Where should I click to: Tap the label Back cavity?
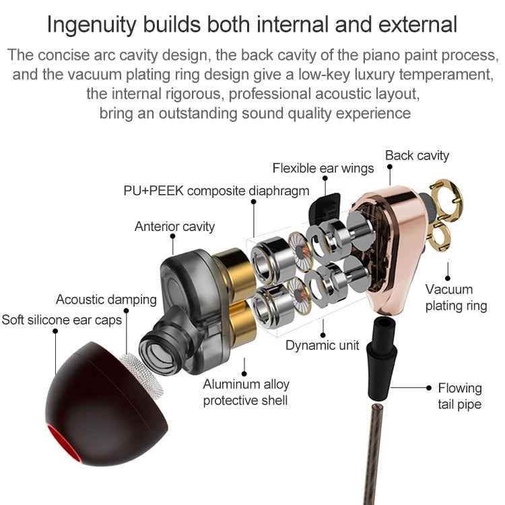(x=417, y=156)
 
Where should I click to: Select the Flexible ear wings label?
(x=323, y=168)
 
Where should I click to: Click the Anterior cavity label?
(x=174, y=226)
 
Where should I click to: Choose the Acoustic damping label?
(x=106, y=300)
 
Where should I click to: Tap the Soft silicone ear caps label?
(x=61, y=319)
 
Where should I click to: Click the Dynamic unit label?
(x=321, y=345)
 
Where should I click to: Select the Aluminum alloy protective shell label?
(x=246, y=392)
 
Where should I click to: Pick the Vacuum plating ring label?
(x=456, y=297)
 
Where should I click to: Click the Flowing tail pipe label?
(x=460, y=396)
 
